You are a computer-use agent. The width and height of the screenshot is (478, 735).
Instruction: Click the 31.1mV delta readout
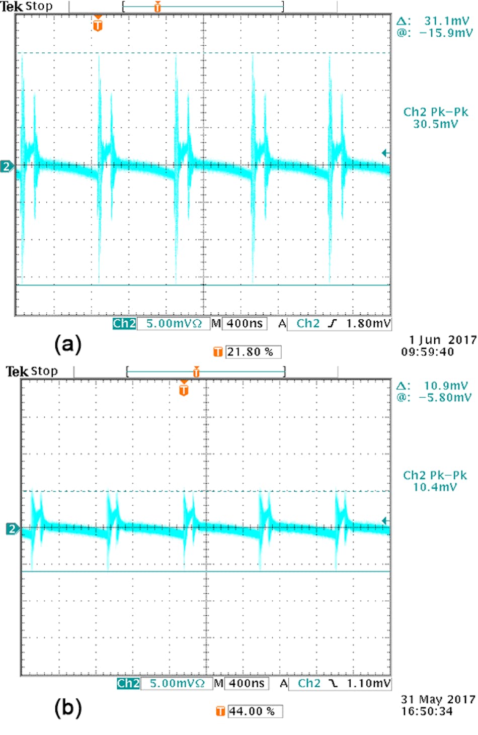pos(446,21)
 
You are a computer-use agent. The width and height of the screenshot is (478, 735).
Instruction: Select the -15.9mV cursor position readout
pos(446,33)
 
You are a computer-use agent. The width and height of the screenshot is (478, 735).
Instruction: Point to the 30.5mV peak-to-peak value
pos(435,124)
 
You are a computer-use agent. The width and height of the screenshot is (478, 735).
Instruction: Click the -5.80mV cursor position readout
pos(445,398)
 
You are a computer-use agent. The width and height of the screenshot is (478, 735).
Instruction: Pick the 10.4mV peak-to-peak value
pos(435,487)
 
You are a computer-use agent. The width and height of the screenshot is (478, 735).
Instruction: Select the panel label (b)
pos(67,707)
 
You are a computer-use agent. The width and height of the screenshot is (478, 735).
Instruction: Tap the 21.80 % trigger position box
pos(253,352)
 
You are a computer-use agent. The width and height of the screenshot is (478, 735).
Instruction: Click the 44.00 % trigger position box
pos(255,711)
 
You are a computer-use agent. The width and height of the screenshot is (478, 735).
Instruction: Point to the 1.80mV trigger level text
pos(368,323)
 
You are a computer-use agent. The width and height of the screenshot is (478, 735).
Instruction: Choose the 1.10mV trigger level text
pos(368,683)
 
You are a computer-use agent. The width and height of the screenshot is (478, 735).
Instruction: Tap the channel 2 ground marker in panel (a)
pos(7,166)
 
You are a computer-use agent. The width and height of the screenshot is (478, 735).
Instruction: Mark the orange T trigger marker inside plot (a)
pos(98,24)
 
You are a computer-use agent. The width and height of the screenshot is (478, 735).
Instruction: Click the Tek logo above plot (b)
pos(17,372)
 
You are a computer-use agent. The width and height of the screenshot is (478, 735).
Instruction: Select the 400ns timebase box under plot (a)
pos(245,323)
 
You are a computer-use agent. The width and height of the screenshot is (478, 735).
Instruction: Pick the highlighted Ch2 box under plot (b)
pos(128,683)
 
